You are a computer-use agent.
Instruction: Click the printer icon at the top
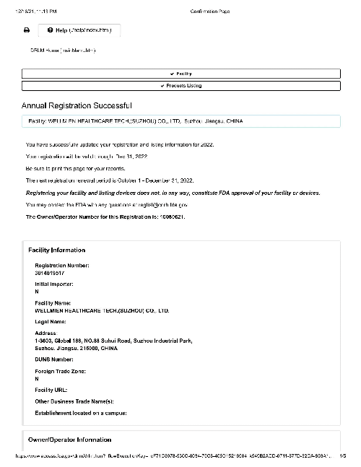[x=27, y=30]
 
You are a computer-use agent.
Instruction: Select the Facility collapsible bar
[x=180, y=74]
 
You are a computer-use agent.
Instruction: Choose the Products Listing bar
[x=180, y=86]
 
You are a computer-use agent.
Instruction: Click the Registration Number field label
[x=62, y=266]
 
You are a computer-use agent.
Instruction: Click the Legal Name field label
[x=51, y=321]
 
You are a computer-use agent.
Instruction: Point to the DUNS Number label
[x=54, y=359]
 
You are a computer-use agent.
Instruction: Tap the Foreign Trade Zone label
[x=61, y=371]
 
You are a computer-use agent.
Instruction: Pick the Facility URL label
[x=51, y=389]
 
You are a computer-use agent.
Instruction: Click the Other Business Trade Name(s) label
[x=74, y=401]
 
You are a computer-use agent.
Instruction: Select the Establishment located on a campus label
[x=81, y=413]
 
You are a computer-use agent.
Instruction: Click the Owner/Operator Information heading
[x=70, y=440]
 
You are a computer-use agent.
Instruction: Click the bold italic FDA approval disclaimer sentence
[x=173, y=193]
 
